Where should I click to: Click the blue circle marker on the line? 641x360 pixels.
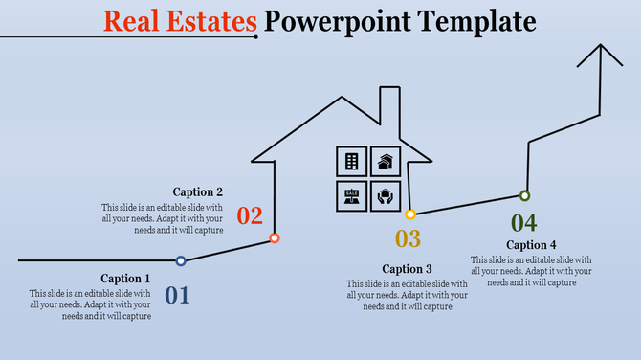[181, 260]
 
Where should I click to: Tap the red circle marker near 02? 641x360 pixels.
[275, 237]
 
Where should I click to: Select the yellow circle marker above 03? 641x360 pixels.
[409, 214]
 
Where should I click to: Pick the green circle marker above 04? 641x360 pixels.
[524, 195]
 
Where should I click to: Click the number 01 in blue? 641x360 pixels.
[178, 295]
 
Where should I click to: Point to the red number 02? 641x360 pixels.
[250, 215]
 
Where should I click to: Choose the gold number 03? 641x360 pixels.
[409, 239]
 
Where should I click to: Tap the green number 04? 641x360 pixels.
[524, 223]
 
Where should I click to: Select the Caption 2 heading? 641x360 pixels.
[198, 191]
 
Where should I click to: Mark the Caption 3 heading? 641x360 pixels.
[408, 269]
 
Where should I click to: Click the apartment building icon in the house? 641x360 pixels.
[351, 162]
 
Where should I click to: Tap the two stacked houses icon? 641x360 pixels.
[385, 162]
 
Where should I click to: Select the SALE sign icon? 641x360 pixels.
[351, 195]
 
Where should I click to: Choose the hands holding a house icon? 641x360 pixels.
[385, 195]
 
